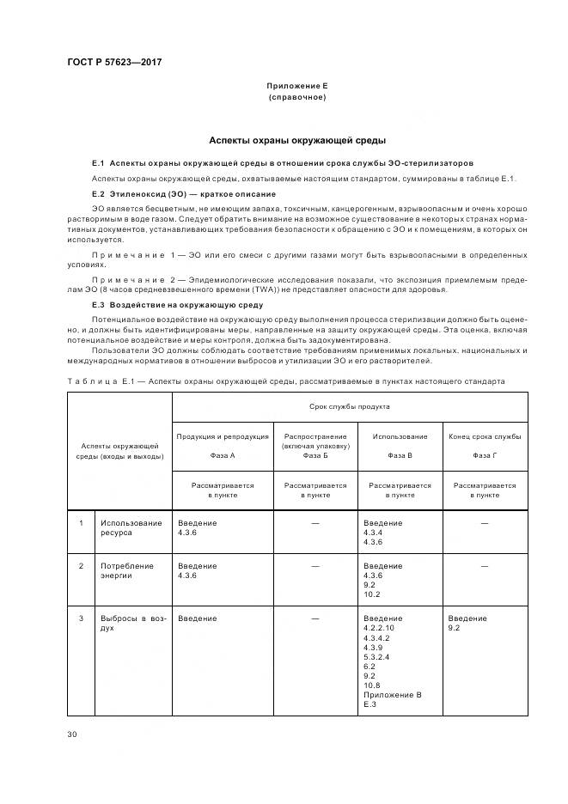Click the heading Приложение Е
[296, 87]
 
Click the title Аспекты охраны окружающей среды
[297, 140]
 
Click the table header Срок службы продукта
[350, 407]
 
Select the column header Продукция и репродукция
[222, 436]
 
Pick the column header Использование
[400, 436]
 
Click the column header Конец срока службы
[485, 436]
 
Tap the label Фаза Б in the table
[315, 455]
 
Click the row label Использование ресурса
[131, 527]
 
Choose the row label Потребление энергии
[127, 570]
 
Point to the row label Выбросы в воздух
[131, 623]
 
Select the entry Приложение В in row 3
[393, 695]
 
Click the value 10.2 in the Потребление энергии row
[371, 594]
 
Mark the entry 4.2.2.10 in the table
[379, 628]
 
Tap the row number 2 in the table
[82, 566]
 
